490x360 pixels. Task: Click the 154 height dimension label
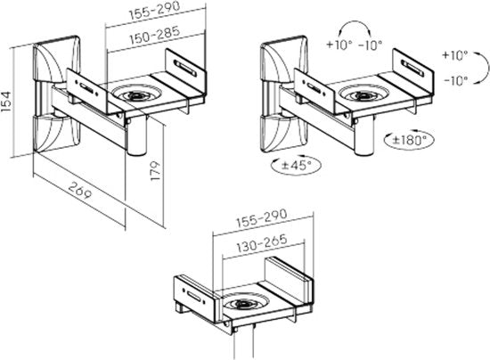[x=6, y=102]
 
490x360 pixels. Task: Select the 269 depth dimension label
[x=80, y=191]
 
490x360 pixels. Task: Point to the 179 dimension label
[x=155, y=170]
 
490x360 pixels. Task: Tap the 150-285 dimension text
[x=155, y=35]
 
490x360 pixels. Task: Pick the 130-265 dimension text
[x=262, y=243]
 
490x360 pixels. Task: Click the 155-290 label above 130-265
[x=261, y=217]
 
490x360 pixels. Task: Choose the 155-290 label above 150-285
[x=155, y=11]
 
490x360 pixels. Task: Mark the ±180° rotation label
[x=410, y=140]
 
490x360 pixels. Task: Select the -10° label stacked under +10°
[x=456, y=81]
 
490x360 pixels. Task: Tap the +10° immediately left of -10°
[x=338, y=45]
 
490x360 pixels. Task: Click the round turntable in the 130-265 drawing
[x=243, y=302]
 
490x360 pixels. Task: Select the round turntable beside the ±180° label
[x=363, y=94]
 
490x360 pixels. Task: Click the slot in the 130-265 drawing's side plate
[x=194, y=296]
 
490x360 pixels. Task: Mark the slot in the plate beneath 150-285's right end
[x=185, y=68]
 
